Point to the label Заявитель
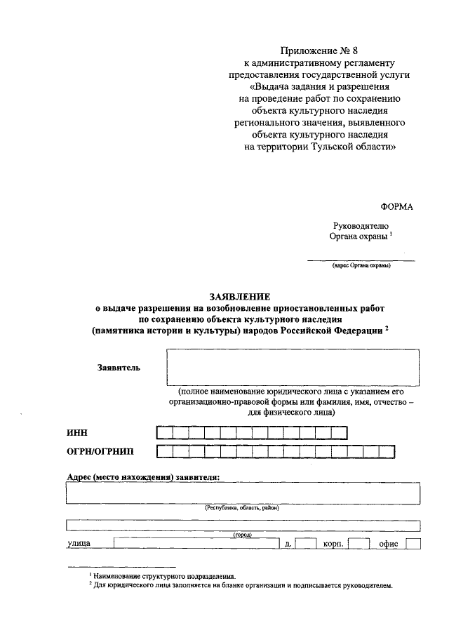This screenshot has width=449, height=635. pyautogui.click(x=119, y=367)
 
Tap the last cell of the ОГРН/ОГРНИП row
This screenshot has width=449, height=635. pyautogui.click(x=401, y=453)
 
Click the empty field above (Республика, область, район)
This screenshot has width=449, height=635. pyautogui.click(x=243, y=493)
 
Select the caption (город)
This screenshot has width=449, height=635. pyautogui.click(x=242, y=535)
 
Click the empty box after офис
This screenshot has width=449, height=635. pyautogui.click(x=413, y=544)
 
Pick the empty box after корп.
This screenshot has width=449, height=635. pyautogui.click(x=358, y=544)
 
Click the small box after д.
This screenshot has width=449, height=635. pyautogui.click(x=306, y=544)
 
